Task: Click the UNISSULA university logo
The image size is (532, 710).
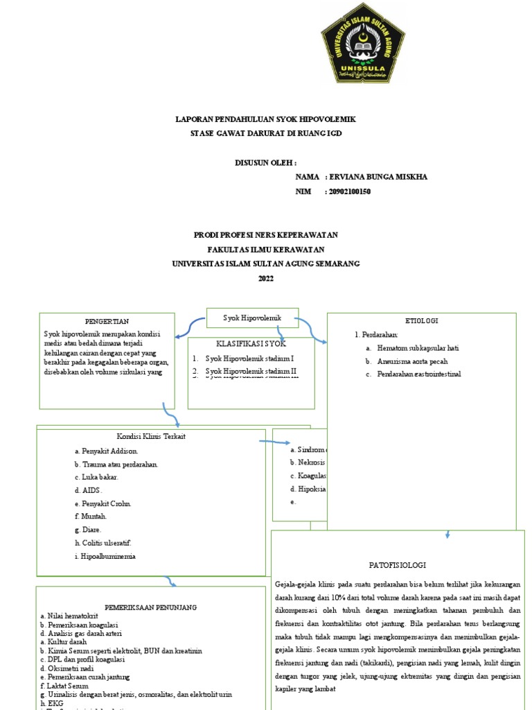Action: [362, 43]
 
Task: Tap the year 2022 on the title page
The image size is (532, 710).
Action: [266, 279]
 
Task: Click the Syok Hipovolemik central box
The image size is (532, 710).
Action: [253, 318]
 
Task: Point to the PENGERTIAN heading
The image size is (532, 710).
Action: [107, 322]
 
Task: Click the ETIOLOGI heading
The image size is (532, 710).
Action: [421, 320]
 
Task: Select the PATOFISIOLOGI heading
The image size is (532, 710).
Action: [397, 565]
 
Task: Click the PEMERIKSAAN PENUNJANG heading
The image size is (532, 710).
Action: [150, 607]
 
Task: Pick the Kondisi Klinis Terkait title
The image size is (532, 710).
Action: [151, 436]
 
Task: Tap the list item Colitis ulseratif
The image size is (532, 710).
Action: [107, 542]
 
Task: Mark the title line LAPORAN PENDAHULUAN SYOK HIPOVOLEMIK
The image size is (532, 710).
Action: [266, 120]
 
